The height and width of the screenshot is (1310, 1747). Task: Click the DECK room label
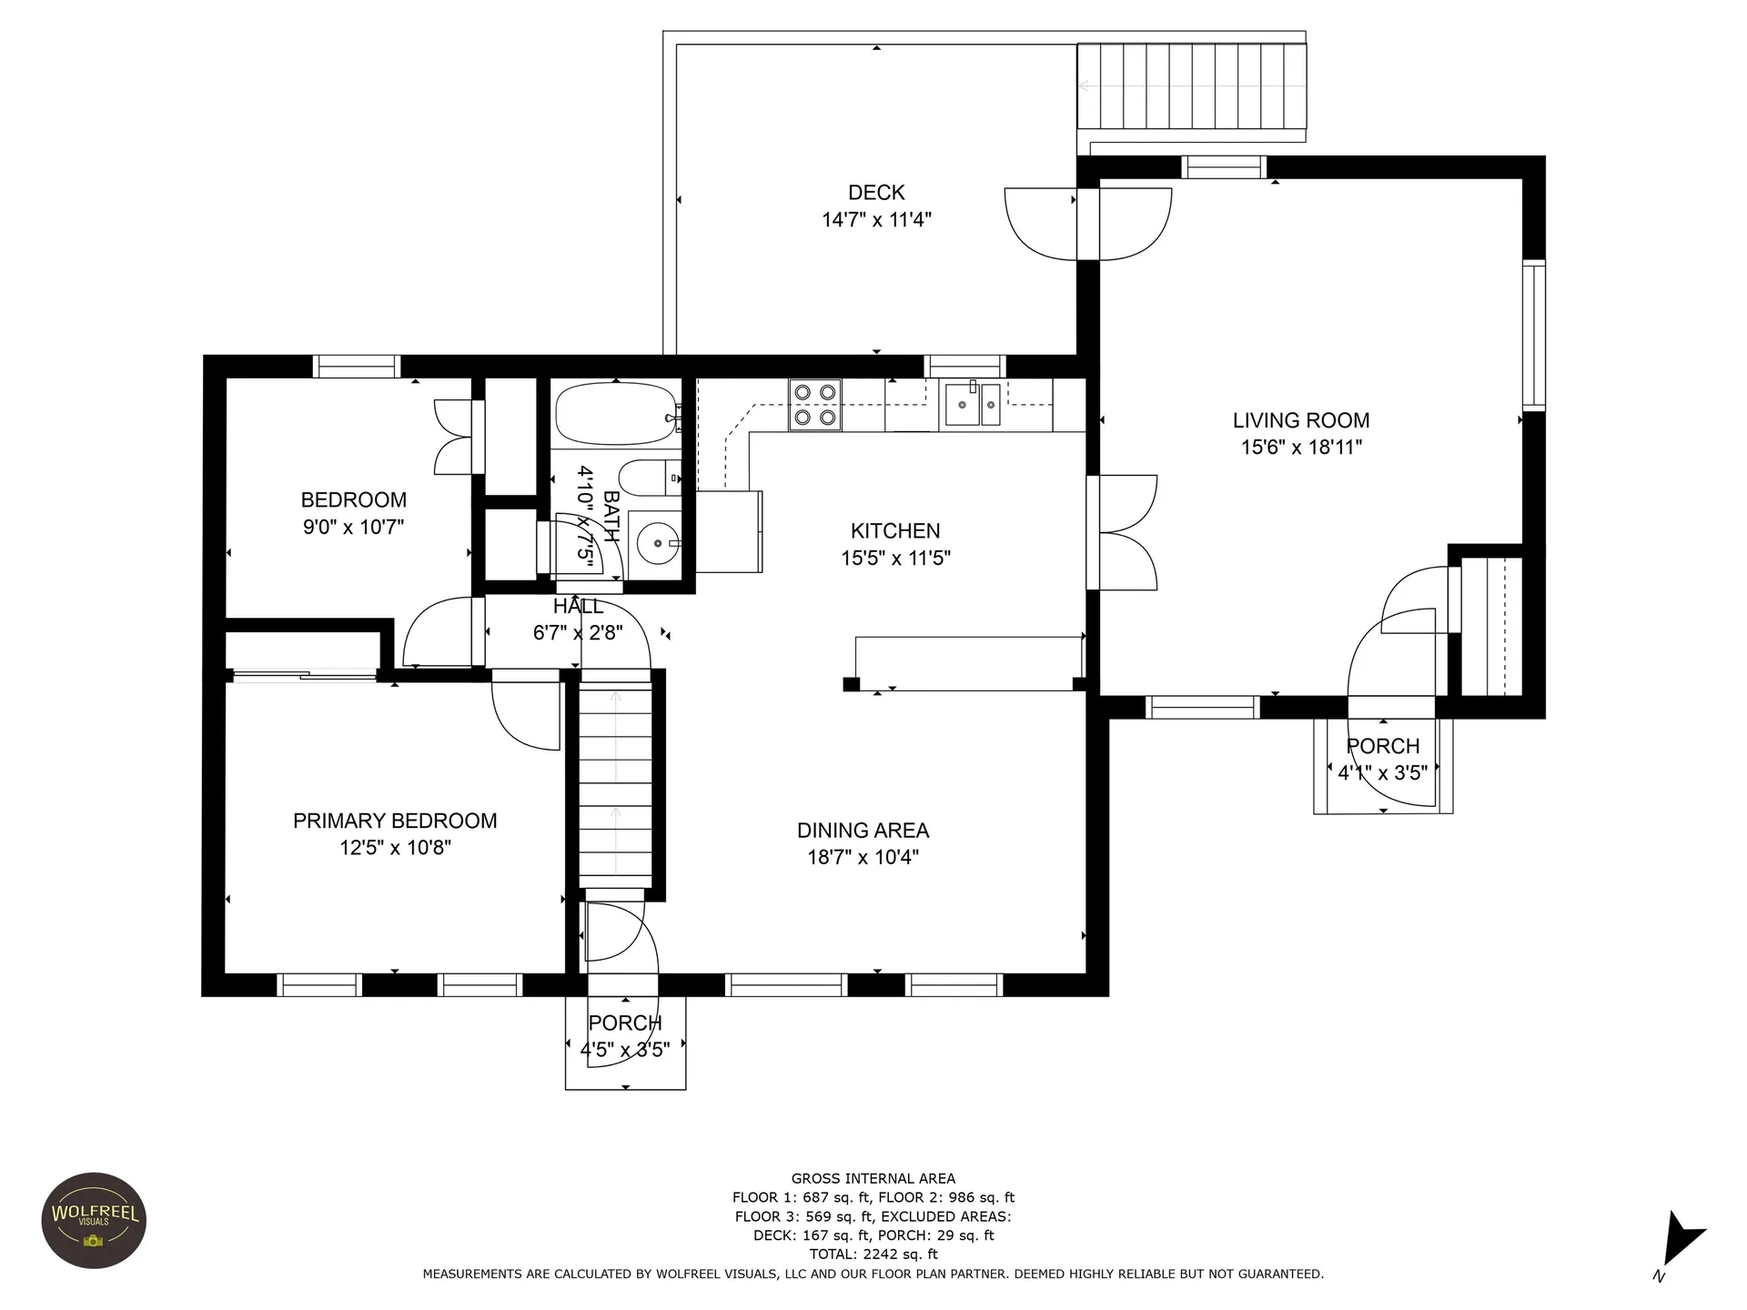click(x=876, y=193)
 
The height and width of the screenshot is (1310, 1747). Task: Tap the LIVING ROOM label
click(x=1301, y=420)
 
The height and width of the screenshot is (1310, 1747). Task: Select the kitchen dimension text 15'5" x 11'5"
click(x=896, y=558)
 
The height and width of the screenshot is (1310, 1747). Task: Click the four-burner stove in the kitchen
click(x=814, y=405)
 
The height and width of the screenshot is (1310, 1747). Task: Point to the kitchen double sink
click(x=973, y=405)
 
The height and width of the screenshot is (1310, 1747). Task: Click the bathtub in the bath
click(x=618, y=415)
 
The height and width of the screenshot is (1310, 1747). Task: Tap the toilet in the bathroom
click(x=649, y=478)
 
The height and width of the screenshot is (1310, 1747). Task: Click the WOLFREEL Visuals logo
click(x=95, y=1221)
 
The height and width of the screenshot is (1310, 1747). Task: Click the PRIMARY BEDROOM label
click(x=395, y=821)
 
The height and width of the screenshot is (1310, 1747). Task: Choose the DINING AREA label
click(x=863, y=831)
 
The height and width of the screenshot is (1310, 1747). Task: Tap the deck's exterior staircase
click(x=1192, y=86)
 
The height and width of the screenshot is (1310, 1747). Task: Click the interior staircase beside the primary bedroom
click(x=616, y=788)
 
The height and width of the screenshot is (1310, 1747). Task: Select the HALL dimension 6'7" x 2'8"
click(x=578, y=632)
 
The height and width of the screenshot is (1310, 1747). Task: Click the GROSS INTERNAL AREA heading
click(x=873, y=1178)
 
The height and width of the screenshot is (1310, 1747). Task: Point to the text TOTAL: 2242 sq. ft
click(x=873, y=1255)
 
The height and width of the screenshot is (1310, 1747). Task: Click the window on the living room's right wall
click(x=1534, y=335)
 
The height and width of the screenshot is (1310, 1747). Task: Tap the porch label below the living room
click(x=1383, y=746)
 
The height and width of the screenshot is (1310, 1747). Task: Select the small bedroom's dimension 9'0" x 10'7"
click(x=353, y=527)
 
